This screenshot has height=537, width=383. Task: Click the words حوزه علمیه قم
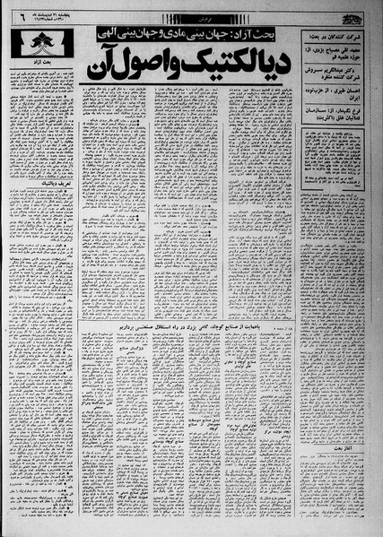click(341, 62)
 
